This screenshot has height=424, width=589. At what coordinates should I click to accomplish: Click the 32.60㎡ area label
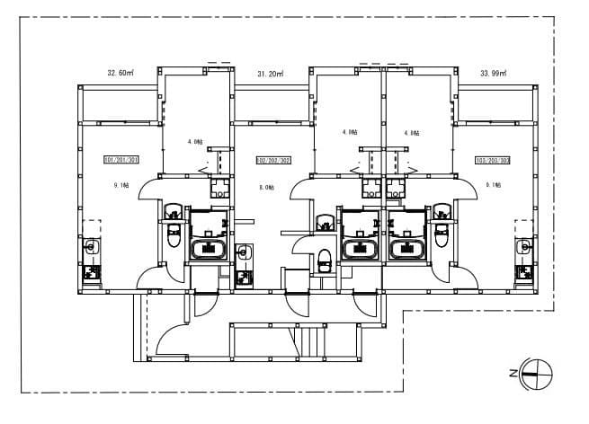coord(120,73)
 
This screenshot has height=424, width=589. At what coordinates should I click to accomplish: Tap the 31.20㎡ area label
coord(270,73)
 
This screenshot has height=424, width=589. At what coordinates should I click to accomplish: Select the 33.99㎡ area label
coord(493,73)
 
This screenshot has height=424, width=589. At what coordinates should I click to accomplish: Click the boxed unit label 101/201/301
coord(120,160)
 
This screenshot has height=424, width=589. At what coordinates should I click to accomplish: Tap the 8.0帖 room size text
coord(267,187)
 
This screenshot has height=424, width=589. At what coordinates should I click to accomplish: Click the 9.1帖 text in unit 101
coord(121,185)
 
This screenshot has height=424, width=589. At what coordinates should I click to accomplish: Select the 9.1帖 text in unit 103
coord(493,185)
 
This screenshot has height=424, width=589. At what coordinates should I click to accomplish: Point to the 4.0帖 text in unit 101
coord(194,142)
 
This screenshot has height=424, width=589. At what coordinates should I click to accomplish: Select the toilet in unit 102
coord(324,261)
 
